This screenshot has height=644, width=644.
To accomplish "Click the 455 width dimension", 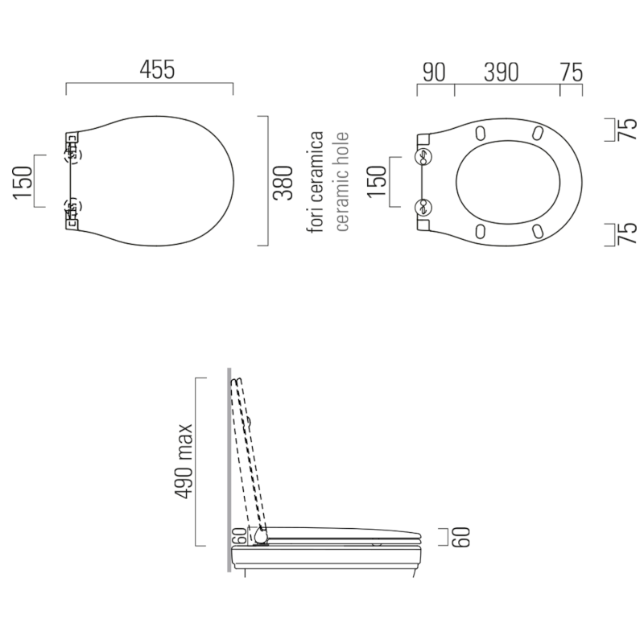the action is pyautogui.click(x=157, y=69).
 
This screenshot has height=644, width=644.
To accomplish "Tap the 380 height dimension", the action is pyautogui.click(x=283, y=183).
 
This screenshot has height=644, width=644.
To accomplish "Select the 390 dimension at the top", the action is pyautogui.click(x=501, y=72).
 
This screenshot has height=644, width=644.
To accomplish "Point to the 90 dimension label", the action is pyautogui.click(x=434, y=72).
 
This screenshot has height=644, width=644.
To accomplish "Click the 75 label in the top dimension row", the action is pyautogui.click(x=572, y=72).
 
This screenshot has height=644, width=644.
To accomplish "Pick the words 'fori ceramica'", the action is pyautogui.click(x=316, y=182).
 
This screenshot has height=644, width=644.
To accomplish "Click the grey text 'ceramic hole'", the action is pyautogui.click(x=341, y=182).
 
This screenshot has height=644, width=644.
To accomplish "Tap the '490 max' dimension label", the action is pyautogui.click(x=184, y=461).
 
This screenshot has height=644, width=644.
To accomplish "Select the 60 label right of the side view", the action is pyautogui.click(x=460, y=537).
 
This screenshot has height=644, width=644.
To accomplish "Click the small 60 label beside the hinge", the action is pyautogui.click(x=240, y=536).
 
